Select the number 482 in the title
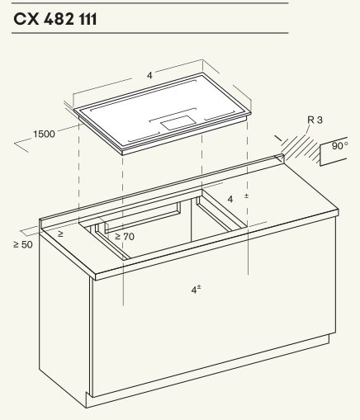coord(59,20)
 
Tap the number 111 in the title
coord(88,20)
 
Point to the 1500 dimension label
coord(44,134)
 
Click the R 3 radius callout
coord(315,120)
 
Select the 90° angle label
coord(339,146)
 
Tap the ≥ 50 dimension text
coord(23,244)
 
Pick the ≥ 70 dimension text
coord(125,236)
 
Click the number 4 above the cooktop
coord(149,75)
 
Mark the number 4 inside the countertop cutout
coord(230,199)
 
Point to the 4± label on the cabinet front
coord(196,290)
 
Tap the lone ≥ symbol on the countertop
coord(60,234)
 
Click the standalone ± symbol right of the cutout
coord(246,196)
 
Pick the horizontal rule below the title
coord(150,33)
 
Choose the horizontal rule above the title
coord(150,3)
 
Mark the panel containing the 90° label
coord(334,151)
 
